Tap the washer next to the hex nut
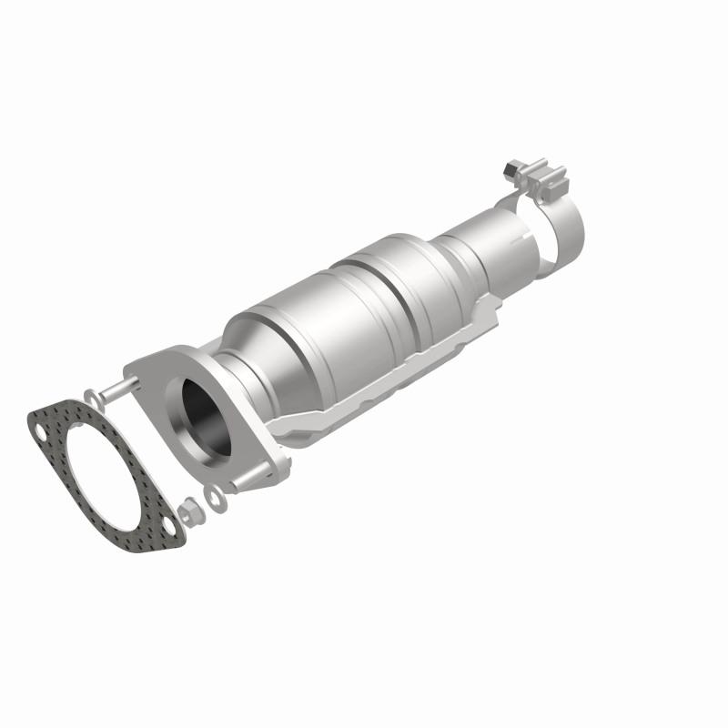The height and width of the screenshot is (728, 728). [214, 496]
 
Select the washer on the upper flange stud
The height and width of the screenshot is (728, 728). [91, 397]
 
